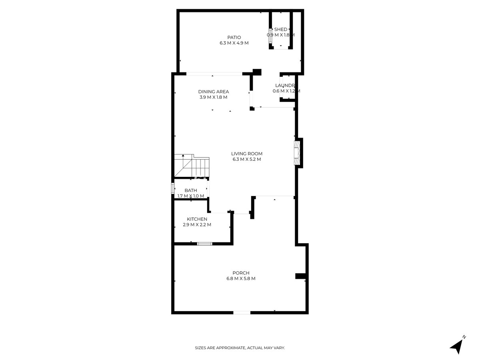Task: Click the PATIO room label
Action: click(234, 38)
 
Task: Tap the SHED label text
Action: click(280, 30)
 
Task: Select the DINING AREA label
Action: click(214, 92)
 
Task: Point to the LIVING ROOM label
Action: click(247, 154)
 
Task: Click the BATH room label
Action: click(191, 190)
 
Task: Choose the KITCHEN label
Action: click(197, 219)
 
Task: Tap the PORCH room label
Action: click(241, 273)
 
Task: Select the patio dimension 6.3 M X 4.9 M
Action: click(234, 43)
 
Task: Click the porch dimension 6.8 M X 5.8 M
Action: click(241, 279)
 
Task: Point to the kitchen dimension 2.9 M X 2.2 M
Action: click(197, 225)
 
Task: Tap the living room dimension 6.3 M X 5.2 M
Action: click(247, 159)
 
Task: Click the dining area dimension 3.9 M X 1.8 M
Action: click(214, 97)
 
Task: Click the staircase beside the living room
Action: click(192, 166)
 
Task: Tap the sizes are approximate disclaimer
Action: click(240, 348)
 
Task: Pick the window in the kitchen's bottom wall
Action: click(204, 243)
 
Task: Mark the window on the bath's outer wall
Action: click(173, 188)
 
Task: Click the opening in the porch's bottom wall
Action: click(242, 312)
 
